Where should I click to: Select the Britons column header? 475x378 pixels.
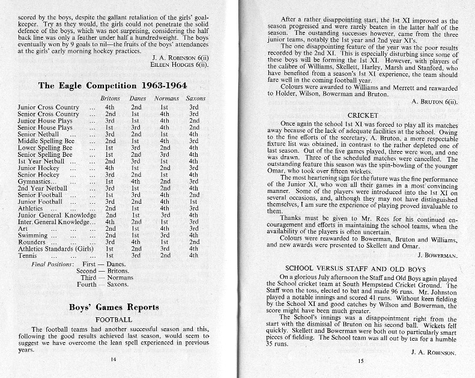tap(110, 99)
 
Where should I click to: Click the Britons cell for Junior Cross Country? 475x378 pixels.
tap(110, 107)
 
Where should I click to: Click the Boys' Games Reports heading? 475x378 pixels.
tap(114, 307)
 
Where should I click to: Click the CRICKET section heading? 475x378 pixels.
tap(362, 115)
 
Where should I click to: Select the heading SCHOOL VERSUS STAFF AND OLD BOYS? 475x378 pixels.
tap(361, 267)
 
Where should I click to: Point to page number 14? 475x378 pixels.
tap(113, 360)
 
